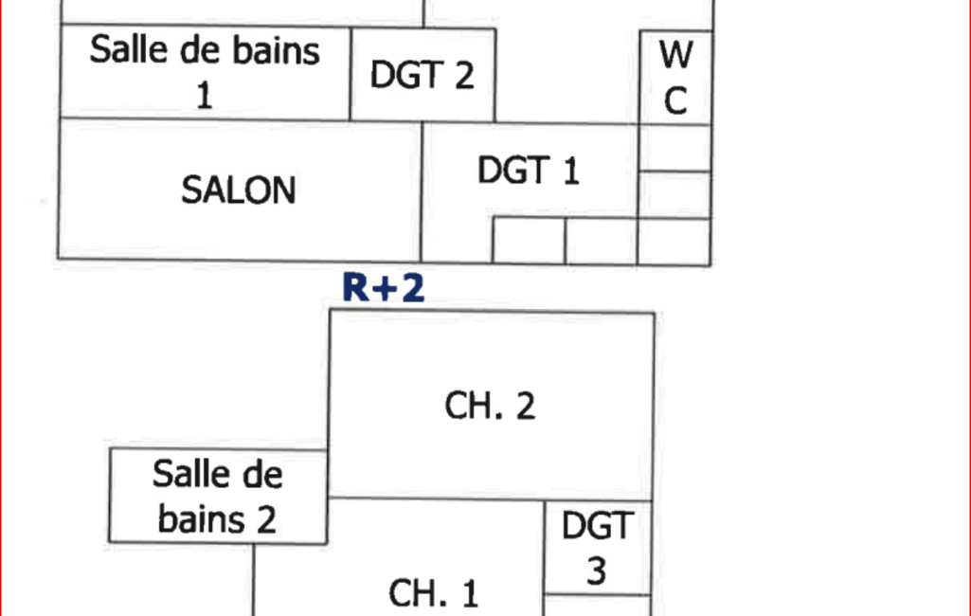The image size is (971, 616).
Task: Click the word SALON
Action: (x=239, y=190)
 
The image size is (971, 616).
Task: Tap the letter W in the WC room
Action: (x=675, y=56)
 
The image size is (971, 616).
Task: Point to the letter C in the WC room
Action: (x=675, y=100)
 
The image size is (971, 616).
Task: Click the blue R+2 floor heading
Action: (x=384, y=288)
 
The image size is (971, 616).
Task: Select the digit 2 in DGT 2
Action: (x=461, y=75)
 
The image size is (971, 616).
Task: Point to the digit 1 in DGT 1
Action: (x=569, y=172)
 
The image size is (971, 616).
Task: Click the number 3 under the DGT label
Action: (x=597, y=571)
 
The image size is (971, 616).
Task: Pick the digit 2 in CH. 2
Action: (x=524, y=406)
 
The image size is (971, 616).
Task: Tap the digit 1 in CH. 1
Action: (x=468, y=594)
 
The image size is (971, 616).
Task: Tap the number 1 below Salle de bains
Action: (x=204, y=95)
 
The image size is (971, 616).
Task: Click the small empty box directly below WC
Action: (x=674, y=148)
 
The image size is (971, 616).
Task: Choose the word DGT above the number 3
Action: (x=597, y=526)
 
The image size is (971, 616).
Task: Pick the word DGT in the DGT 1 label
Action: (x=512, y=172)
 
